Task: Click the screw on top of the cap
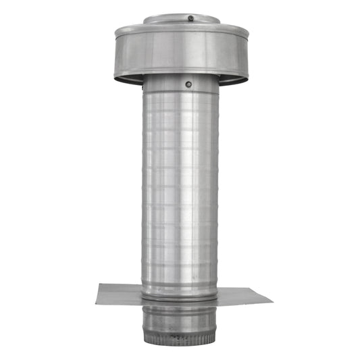coord(191,18)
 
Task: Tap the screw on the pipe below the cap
coord(188,84)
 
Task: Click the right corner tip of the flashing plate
coord(272,301)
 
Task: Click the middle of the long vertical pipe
coord(180,189)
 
